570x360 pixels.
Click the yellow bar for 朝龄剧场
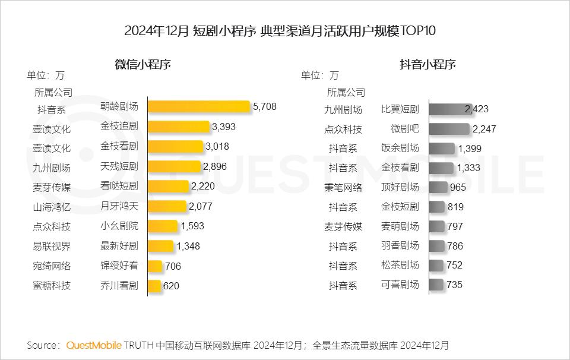pos(199,107)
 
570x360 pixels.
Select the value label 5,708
pos(264,107)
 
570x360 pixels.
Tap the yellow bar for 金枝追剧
pos(178,127)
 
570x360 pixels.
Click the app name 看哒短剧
pos(119,187)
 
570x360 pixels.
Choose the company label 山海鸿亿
pos(52,207)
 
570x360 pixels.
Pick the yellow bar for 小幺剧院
pos(162,226)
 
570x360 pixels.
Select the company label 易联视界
pos(52,246)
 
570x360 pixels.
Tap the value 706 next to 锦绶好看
pos(173,266)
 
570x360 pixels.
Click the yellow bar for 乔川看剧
pos(154,286)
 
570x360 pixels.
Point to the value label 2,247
pos(484,129)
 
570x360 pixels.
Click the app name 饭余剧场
pos(400,148)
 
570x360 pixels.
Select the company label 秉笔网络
pos(343,187)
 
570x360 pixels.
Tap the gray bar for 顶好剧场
pos(438,187)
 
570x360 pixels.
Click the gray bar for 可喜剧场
pos(436,285)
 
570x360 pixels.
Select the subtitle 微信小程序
pos(142,65)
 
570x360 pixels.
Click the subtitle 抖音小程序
pos(427,65)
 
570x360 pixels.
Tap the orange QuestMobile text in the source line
pos(94,345)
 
